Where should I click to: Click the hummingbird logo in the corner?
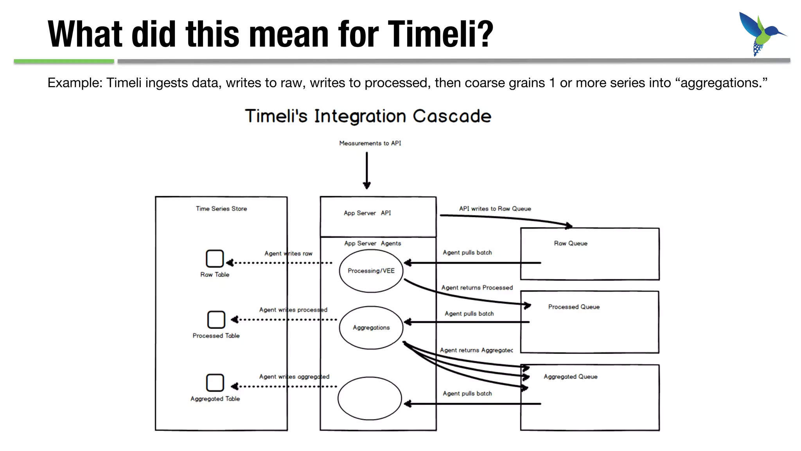(760, 34)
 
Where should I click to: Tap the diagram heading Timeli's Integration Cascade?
(368, 116)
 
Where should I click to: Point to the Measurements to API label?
(370, 143)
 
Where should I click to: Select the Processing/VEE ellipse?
(371, 271)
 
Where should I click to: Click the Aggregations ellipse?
(371, 328)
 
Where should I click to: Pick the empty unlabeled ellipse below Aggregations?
(370, 399)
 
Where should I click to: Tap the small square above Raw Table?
(215, 259)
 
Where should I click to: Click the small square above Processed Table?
(216, 320)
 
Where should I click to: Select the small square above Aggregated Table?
(215, 383)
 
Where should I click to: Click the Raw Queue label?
(570, 244)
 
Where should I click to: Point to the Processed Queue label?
(573, 307)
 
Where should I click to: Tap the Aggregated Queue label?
(570, 377)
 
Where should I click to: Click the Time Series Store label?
(221, 209)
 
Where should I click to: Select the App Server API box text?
(367, 213)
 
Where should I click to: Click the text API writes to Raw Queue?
(495, 209)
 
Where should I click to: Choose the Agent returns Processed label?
(477, 288)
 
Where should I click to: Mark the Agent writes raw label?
(288, 254)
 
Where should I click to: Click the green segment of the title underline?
(64, 61)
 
